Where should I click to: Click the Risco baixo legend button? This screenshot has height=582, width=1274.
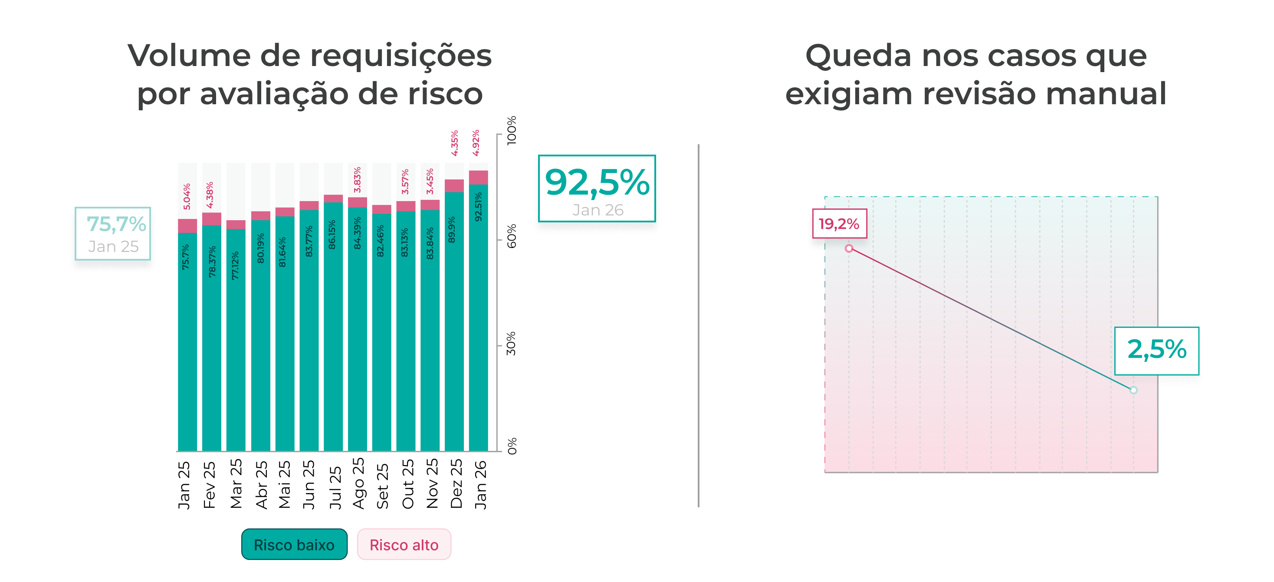tap(294, 544)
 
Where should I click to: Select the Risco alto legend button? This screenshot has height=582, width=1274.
tap(404, 544)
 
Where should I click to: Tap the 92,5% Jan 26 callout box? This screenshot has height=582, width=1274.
tap(597, 188)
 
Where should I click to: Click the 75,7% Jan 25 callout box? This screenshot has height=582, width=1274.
tap(113, 234)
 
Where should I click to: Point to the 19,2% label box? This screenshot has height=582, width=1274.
tap(839, 224)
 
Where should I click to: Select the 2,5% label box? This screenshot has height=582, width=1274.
tap(1156, 351)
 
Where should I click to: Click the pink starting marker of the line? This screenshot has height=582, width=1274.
tap(849, 248)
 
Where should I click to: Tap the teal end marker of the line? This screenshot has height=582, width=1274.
tap(1133, 390)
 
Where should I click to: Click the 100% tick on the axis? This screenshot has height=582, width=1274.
tap(512, 131)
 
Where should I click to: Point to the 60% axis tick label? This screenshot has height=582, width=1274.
tap(512, 236)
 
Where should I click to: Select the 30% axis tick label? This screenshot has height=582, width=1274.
tap(512, 344)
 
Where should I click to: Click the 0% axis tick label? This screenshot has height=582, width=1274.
tap(512, 446)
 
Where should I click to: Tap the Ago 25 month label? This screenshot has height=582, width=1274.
tap(358, 483)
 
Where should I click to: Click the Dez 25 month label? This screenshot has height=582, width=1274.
tap(456, 483)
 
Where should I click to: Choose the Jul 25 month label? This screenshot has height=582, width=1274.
tap(335, 487)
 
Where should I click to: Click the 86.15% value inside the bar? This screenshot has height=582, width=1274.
tap(332, 235)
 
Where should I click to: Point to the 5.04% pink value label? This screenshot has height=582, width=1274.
tap(187, 196)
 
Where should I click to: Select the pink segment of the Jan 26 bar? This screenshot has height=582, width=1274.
tap(478, 178)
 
